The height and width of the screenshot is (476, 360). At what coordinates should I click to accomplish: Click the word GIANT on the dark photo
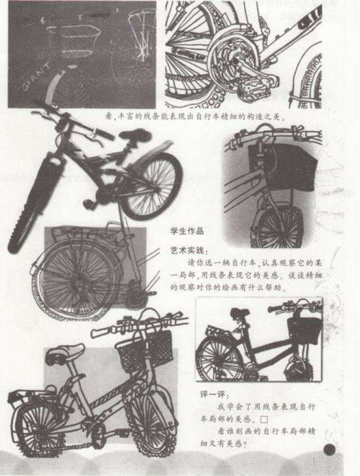pyautogui.click(x=37, y=77)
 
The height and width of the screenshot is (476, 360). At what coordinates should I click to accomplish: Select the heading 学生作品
pyautogui.click(x=187, y=231)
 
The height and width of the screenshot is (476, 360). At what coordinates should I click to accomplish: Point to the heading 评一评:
pyautogui.click(x=215, y=394)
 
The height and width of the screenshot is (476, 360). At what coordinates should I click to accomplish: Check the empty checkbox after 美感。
pyautogui.click(x=264, y=419)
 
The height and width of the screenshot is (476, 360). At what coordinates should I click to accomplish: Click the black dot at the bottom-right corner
pyautogui.click(x=329, y=450)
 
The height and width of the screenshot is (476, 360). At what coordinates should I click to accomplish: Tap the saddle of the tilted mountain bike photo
pyautogui.click(x=134, y=134)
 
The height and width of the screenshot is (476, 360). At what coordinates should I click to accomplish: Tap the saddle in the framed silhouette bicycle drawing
pyautogui.click(x=240, y=312)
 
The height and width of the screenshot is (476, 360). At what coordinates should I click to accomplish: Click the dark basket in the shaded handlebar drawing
pyautogui.click(x=282, y=167)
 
